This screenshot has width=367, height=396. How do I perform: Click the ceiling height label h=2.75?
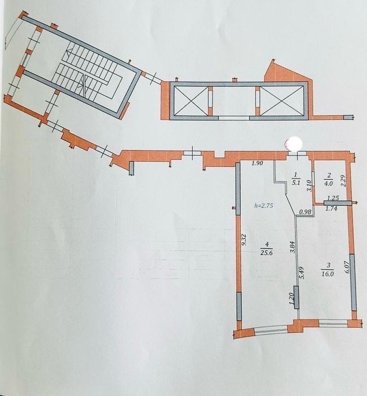click(x=264, y=206)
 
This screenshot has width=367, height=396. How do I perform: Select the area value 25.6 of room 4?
click(x=266, y=253)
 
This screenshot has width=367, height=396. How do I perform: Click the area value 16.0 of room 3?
click(x=327, y=274)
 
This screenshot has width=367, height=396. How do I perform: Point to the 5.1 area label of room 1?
click(x=296, y=182)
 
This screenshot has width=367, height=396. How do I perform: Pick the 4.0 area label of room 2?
click(x=328, y=184)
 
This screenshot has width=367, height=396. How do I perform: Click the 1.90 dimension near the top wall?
click(x=257, y=163)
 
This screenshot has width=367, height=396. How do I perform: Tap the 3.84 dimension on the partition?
click(x=292, y=247)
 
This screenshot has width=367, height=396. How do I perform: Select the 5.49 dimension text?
click(x=303, y=272)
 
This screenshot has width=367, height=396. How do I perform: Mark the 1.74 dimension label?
click(x=332, y=208)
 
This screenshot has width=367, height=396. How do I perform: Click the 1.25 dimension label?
click(x=333, y=198)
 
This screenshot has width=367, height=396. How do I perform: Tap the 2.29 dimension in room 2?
click(x=343, y=181)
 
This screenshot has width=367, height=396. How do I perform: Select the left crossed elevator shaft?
click(x=191, y=101)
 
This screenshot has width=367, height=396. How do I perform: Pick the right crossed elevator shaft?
click(x=282, y=101)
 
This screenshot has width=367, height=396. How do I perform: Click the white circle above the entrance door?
click(x=293, y=144)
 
